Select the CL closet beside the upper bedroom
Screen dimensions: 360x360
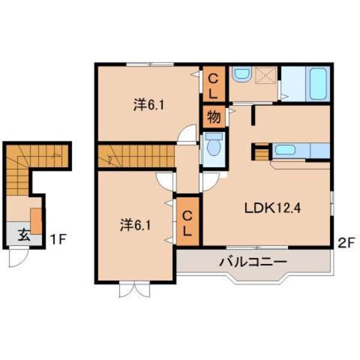click(x=214, y=85)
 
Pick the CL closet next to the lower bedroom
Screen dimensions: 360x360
click(x=187, y=222)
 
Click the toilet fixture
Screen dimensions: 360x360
click(x=213, y=145)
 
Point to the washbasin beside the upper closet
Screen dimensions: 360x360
click(x=241, y=76)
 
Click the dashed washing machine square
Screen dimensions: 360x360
click(x=265, y=76)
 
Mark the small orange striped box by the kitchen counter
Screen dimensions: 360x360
click(x=261, y=154)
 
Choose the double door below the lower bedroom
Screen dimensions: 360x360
click(x=133, y=289)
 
